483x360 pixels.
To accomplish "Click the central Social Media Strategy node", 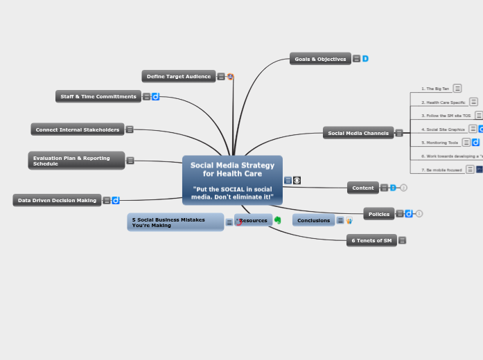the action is pos(232,180).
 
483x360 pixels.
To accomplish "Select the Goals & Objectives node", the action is pos(320,59).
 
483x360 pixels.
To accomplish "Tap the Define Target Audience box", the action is pos(179,76).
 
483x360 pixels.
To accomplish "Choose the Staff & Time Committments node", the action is pos(98,96).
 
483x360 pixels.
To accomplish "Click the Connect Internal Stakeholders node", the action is pos(78,129).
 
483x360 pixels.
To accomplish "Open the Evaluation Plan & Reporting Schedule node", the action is pos(76,161).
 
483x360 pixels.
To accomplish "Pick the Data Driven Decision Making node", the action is pos(57,200).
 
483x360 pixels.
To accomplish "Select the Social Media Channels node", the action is pos(358,133).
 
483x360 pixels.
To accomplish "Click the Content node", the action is pos(362,188).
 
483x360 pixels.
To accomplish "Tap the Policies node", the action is pos(378,214).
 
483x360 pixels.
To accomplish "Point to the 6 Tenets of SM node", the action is pos(371,240).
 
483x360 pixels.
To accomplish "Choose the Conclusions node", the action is pos(313,220).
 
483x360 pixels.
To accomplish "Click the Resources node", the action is pos(254,220).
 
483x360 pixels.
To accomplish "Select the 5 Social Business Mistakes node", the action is pos(175,222).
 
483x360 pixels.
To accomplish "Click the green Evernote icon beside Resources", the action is pos(278,220).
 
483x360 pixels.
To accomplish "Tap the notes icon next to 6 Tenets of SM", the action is pos(403,240).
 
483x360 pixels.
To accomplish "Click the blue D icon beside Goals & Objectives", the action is pos(365,59).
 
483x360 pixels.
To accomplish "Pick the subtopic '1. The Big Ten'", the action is pos(435,89).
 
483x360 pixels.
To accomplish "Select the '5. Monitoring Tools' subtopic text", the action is pos(440,143).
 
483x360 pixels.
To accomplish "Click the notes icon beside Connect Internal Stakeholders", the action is pos(130,129).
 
